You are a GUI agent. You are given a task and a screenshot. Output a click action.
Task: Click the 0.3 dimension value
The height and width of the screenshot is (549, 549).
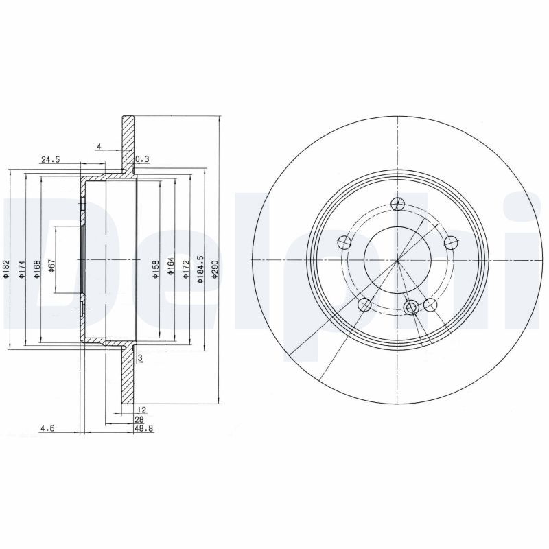tap(143, 159)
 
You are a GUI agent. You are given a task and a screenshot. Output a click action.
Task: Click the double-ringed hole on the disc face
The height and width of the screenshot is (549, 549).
tap(412, 307)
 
